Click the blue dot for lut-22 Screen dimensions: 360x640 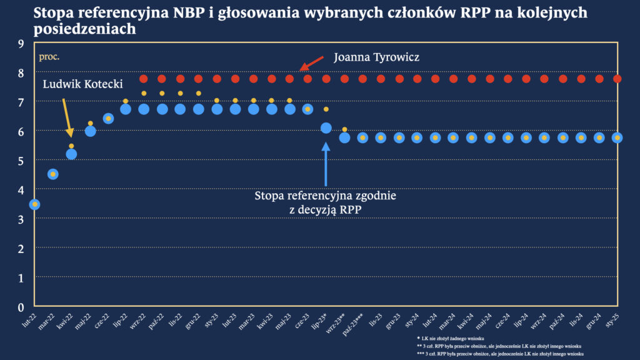(x=35, y=204)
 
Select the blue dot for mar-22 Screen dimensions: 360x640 (x=53, y=174)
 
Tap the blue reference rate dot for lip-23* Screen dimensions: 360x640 (x=326, y=128)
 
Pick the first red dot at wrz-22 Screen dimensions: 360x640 (x=143, y=79)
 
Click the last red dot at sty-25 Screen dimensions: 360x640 (x=617, y=79)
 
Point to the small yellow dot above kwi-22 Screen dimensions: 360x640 (x=71, y=146)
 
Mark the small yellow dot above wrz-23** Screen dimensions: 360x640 (x=344, y=129)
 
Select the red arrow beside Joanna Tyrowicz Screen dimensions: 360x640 (x=311, y=62)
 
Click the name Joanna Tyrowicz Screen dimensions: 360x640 (x=376, y=57)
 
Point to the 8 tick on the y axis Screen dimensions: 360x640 (x=21, y=72)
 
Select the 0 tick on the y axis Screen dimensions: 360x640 (x=21, y=307)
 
